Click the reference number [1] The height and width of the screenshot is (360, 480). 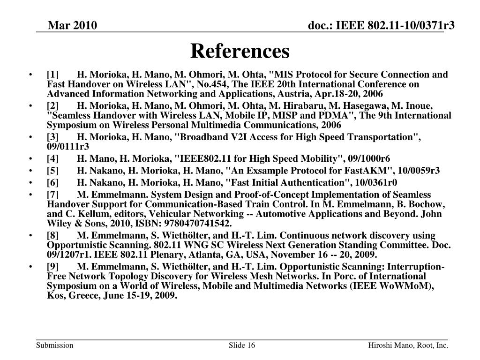pyautogui.click(x=52, y=75)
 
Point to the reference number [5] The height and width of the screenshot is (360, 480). pyautogui.click(x=52, y=170)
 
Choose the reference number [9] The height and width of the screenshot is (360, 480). pyautogui.click(x=52, y=267)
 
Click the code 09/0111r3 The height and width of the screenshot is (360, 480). pyautogui.click(x=68, y=146)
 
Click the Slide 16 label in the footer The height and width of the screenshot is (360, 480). pyautogui.click(x=242, y=346)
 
